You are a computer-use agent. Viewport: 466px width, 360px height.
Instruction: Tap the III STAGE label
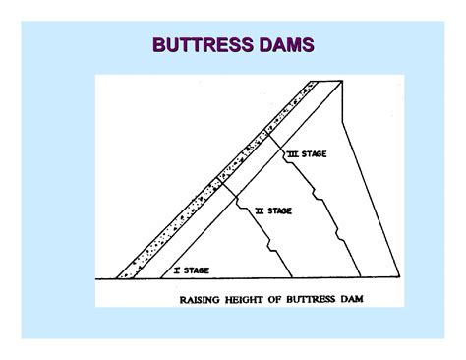310,154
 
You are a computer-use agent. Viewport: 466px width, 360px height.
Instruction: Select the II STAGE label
273,210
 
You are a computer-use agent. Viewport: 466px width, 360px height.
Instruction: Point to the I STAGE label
191,269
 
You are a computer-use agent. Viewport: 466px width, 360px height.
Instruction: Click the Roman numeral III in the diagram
293,154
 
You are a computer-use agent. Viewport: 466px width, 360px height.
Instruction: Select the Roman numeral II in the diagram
259,210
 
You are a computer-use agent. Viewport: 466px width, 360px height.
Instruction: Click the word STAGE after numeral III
317,154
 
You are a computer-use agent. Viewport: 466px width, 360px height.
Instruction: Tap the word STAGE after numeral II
280,210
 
